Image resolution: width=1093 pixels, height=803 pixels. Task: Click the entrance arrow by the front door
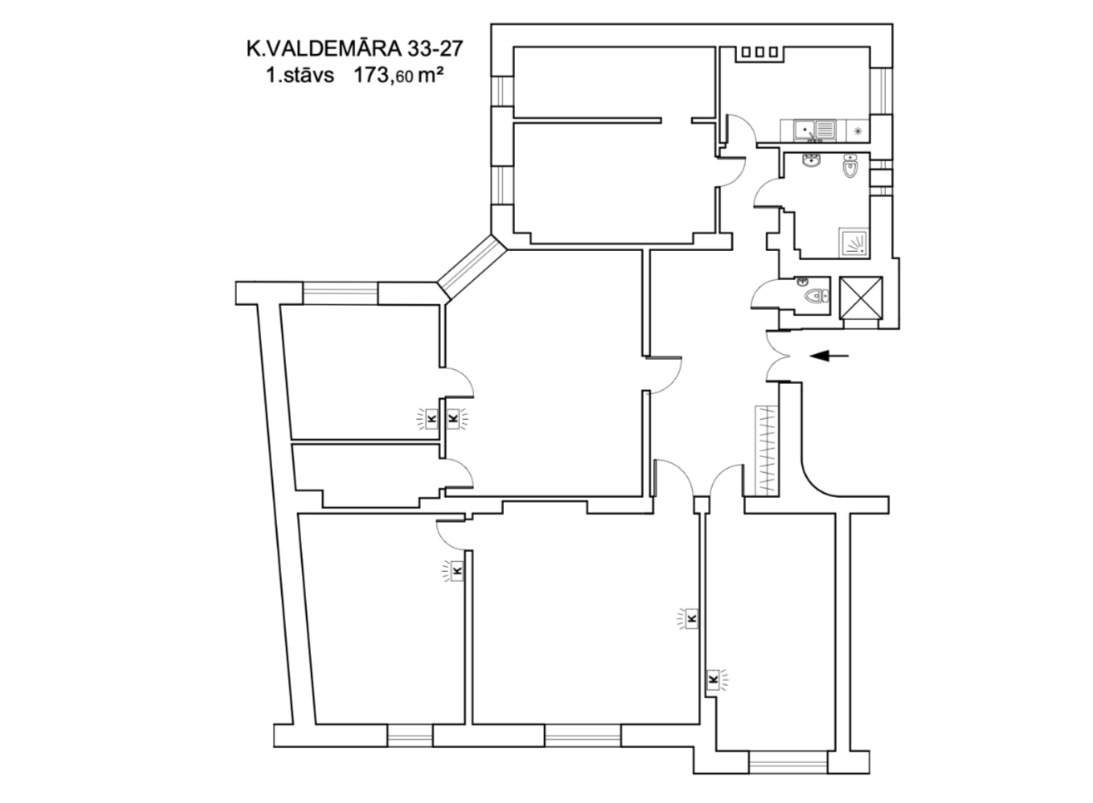click(829, 356)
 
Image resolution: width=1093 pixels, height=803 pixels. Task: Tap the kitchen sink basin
click(803, 131)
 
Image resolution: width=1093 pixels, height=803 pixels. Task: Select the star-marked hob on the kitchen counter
click(858, 131)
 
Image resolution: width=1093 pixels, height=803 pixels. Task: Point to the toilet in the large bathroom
click(850, 166)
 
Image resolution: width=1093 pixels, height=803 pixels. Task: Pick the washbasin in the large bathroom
click(812, 160)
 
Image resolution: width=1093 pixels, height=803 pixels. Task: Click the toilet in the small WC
click(816, 295)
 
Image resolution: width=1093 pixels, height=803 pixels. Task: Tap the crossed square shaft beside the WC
click(861, 298)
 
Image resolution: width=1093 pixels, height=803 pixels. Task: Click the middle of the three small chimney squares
click(759, 52)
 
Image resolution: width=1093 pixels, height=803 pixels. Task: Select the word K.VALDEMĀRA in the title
click(324, 49)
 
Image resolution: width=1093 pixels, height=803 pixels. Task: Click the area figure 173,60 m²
click(398, 76)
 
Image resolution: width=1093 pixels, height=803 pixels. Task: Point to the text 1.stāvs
click(300, 76)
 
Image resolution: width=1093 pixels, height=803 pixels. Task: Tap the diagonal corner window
click(472, 268)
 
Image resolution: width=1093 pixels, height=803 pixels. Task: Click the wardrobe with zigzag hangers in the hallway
click(767, 451)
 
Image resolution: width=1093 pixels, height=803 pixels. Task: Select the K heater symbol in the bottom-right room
click(714, 678)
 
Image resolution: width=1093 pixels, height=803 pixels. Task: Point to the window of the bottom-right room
click(788, 762)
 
